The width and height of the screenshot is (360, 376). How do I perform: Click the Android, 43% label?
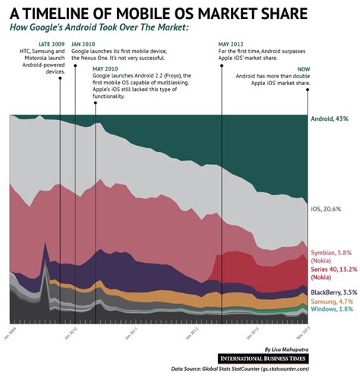pos(329,119)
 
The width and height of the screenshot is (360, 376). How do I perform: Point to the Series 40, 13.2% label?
pos(333,269)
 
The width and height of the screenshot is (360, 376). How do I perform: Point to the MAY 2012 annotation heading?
pos(232,45)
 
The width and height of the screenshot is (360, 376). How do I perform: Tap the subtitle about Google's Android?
pos(99,28)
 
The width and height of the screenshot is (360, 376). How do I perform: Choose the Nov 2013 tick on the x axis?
pos(306,331)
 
